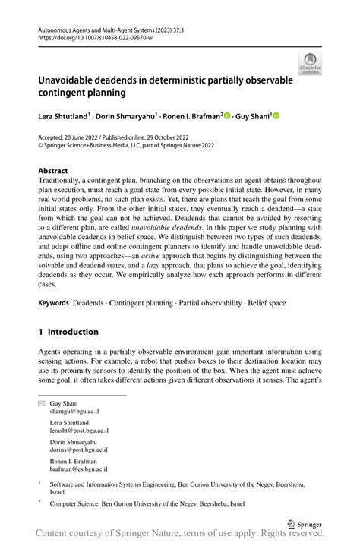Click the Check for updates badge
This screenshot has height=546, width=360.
[310, 64]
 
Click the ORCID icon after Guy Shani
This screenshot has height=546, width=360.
[276, 116]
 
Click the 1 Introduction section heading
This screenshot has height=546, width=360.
[68, 332]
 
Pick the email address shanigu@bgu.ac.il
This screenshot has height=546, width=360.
[74, 411]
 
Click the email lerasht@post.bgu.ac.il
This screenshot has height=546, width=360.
[80, 432]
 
